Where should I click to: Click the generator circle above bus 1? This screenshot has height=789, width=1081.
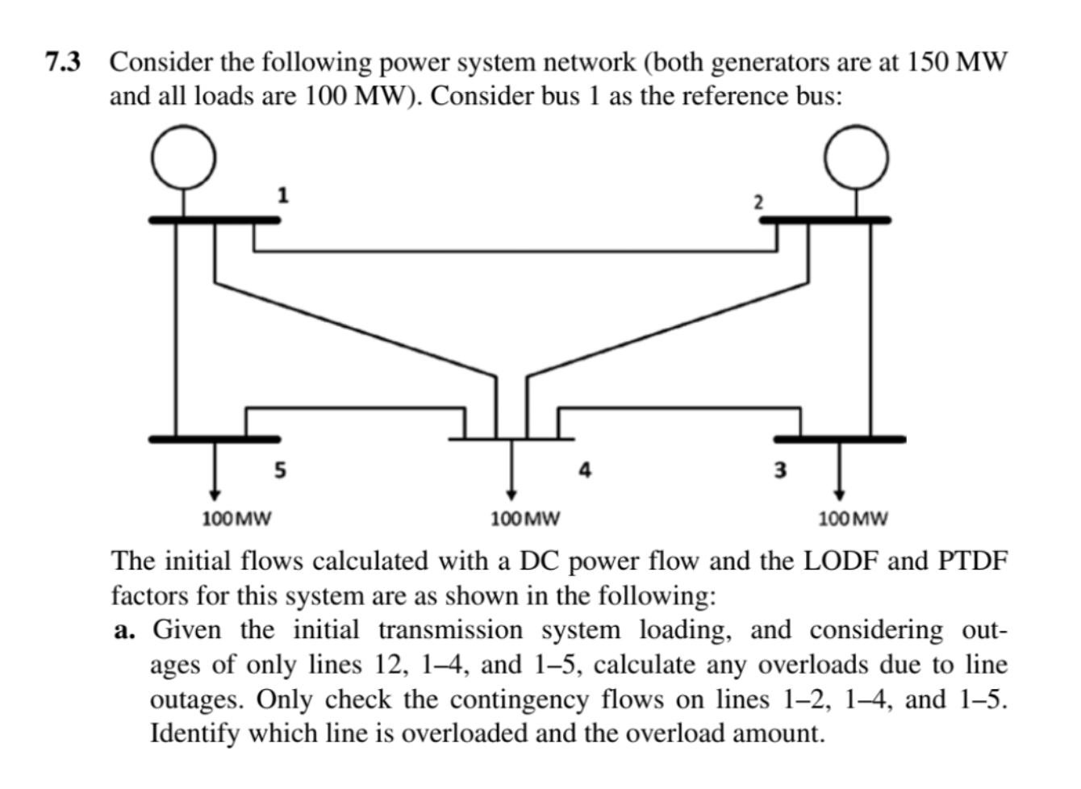[185, 159]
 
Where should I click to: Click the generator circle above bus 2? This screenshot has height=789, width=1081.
[856, 159]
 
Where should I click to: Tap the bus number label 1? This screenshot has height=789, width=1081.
[282, 194]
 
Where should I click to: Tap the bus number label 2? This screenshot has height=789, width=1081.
[758, 202]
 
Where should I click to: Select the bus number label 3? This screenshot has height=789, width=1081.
[780, 470]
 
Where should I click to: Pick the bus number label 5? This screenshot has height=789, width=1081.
[279, 470]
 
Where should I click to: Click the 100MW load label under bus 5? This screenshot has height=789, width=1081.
[236, 518]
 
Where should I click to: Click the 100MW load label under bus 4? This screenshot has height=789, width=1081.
[525, 518]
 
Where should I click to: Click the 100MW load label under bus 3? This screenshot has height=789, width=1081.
[853, 518]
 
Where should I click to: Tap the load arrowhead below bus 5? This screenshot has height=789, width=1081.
[215, 495]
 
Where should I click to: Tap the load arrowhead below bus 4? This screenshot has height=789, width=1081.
[511, 495]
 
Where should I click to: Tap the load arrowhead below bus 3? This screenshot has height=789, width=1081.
[839, 495]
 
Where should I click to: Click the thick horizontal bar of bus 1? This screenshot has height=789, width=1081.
[214, 219]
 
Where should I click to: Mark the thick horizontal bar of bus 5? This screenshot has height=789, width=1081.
[214, 439]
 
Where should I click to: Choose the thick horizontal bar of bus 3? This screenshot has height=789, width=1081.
[839, 439]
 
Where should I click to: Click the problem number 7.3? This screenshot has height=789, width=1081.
[65, 62]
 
